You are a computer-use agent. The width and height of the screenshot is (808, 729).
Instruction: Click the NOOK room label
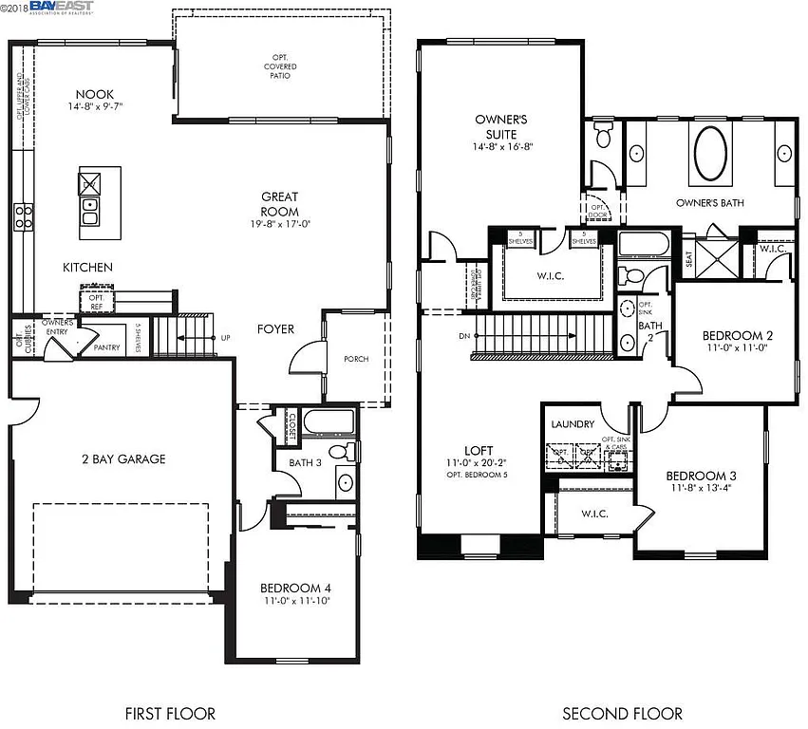tap(95, 94)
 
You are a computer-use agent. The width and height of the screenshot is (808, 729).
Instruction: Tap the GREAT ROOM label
tap(280, 204)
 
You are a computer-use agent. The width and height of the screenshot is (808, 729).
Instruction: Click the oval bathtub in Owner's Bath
tap(712, 153)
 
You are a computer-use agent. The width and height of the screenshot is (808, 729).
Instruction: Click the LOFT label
tap(479, 452)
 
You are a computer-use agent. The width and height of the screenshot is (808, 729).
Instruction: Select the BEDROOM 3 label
tap(702, 476)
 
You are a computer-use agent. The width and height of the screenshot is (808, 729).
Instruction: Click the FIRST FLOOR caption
tap(170, 713)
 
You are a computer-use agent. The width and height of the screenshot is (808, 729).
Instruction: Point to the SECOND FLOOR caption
tap(622, 713)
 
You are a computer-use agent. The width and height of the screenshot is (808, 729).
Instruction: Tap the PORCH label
tap(356, 359)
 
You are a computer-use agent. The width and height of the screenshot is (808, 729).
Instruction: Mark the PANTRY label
tap(106, 348)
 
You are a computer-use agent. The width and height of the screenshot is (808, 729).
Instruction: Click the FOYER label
tap(275, 329)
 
